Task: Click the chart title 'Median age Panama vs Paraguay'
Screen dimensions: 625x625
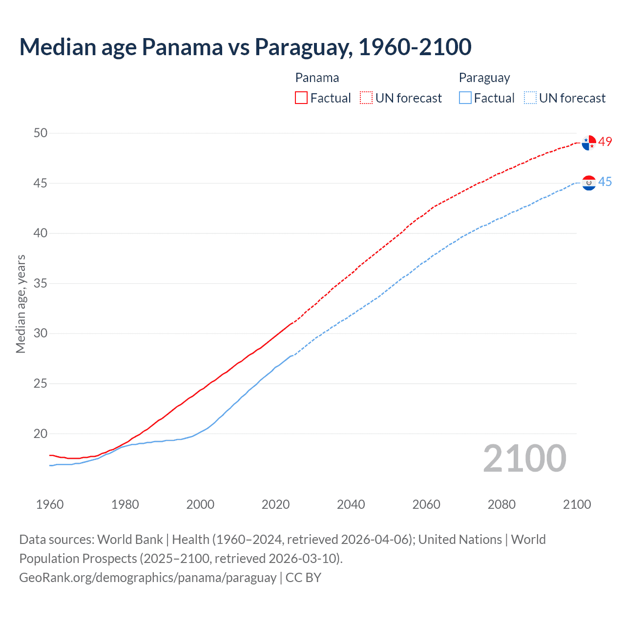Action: (x=245, y=47)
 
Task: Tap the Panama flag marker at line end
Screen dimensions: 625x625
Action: (x=589, y=143)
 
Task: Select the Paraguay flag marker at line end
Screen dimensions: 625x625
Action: (x=589, y=183)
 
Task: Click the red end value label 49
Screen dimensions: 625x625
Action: (x=605, y=142)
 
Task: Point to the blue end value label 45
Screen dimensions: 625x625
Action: (x=605, y=182)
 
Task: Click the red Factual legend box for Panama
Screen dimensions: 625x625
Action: (x=301, y=98)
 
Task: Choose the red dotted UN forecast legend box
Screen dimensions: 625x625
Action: (x=366, y=98)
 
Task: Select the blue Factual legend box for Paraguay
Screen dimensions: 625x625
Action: (x=465, y=98)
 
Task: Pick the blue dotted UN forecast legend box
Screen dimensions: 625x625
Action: (x=530, y=98)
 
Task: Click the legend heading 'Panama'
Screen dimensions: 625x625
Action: (x=317, y=78)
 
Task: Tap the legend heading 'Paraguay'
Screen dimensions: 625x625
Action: (x=484, y=78)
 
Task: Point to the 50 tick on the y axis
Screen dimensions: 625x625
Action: (x=41, y=133)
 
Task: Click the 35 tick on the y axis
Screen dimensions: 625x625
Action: (x=41, y=283)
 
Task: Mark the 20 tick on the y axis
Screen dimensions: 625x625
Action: (x=41, y=434)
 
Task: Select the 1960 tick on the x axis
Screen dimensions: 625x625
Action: (x=50, y=504)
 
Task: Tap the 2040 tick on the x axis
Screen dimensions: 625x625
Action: (x=351, y=504)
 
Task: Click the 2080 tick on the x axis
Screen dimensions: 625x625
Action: (x=501, y=504)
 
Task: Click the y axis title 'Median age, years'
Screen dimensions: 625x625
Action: (x=21, y=304)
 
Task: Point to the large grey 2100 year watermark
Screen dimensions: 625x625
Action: (x=524, y=459)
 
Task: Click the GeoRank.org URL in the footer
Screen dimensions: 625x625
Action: (x=147, y=578)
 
